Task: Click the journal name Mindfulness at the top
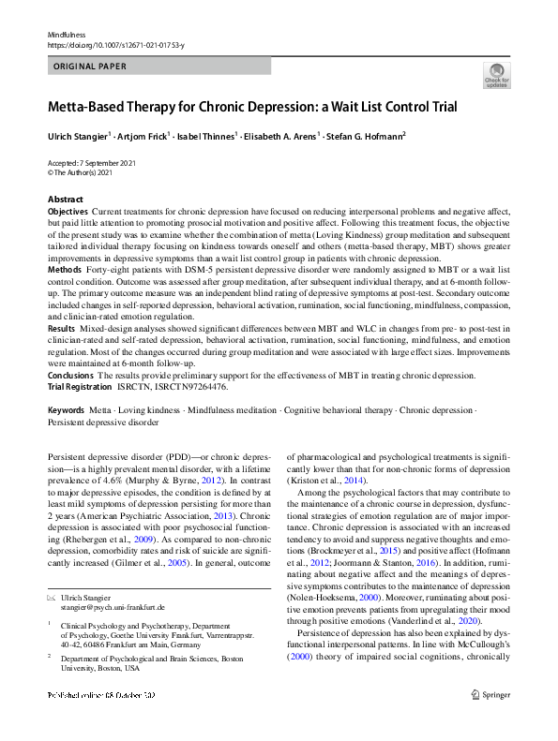coord(66,33)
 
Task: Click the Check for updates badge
coord(497,75)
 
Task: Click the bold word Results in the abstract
coord(62,329)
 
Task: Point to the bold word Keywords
coord(68,411)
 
